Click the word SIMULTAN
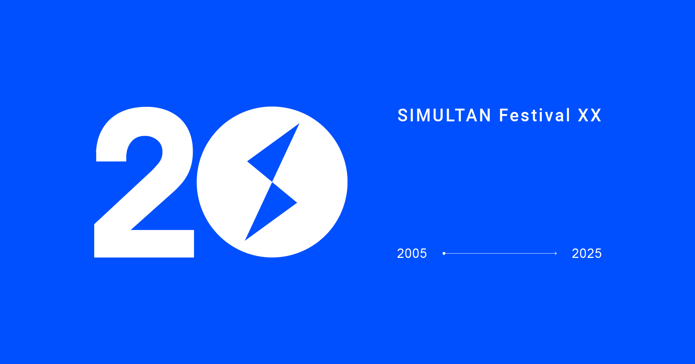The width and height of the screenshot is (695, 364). (x=444, y=116)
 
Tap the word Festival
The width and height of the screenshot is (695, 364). (x=535, y=116)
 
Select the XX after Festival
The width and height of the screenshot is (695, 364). (x=590, y=116)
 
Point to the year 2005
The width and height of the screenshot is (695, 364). (x=412, y=254)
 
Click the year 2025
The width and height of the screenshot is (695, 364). (x=587, y=254)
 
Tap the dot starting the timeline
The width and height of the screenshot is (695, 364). (x=444, y=254)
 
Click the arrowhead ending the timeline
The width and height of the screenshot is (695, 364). (x=556, y=254)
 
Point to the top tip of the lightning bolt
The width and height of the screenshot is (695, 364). (x=299, y=124)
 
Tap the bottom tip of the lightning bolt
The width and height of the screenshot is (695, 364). (x=245, y=240)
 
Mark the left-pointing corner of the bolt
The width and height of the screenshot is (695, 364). (x=247, y=161)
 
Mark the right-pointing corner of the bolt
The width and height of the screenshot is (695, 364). (x=297, y=203)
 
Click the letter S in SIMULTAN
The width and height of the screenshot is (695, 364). (x=403, y=116)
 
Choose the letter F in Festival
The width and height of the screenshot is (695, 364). (x=504, y=116)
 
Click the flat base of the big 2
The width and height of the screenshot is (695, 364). (x=144, y=244)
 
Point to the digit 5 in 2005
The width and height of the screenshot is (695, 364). (x=423, y=254)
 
